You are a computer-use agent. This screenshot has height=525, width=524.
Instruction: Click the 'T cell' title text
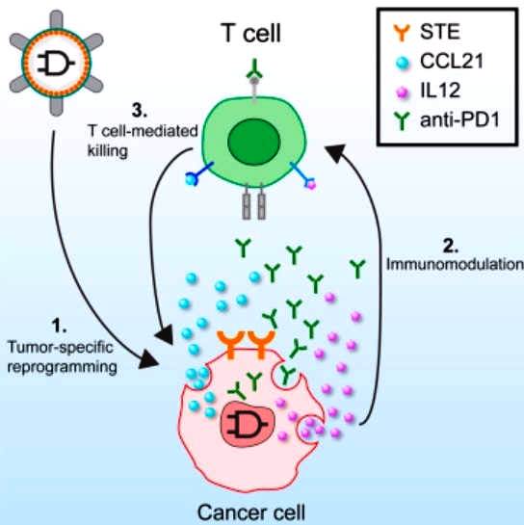tap(250, 33)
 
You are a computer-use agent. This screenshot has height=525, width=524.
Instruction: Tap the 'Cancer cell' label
tap(250, 512)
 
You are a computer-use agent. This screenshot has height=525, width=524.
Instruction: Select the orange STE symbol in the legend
tap(401, 33)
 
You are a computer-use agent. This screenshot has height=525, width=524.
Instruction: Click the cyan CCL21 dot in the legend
tap(402, 63)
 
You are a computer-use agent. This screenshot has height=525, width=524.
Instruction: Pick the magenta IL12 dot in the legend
tap(402, 92)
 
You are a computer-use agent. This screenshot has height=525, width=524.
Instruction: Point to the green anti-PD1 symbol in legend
tap(402, 120)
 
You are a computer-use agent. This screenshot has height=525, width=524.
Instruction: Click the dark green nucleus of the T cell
tap(253, 141)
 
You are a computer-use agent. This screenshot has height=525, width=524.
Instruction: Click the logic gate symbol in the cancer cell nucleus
tap(248, 425)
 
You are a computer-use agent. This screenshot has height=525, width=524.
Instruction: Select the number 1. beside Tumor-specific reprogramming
tap(60, 326)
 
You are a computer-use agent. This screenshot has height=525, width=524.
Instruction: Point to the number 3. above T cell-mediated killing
tap(140, 110)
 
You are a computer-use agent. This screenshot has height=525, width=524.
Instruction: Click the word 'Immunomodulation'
tap(455, 265)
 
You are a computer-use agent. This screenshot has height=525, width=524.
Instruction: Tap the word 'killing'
tap(108, 151)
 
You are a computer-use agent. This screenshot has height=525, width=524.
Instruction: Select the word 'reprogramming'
tap(63, 368)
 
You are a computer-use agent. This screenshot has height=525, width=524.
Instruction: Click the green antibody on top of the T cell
tap(254, 68)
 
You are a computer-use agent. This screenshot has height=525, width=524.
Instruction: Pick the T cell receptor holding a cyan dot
tap(198, 173)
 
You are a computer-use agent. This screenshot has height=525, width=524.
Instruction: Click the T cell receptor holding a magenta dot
tap(303, 175)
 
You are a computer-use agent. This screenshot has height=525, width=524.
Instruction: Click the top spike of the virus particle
tap(56, 19)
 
